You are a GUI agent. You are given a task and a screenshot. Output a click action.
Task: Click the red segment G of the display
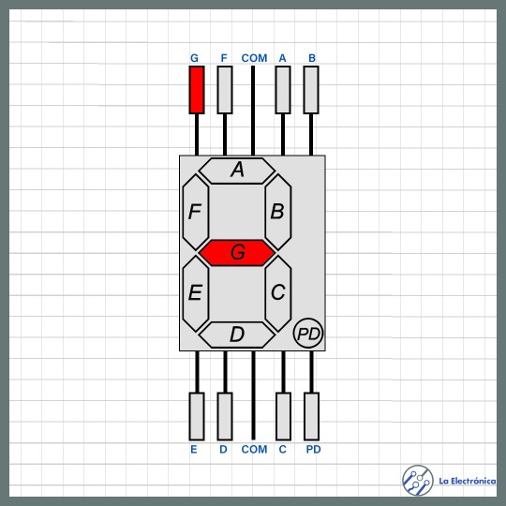coord(237,253)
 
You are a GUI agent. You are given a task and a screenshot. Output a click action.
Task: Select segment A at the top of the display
coord(237,171)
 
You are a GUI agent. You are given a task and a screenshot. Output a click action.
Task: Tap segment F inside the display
coord(196,212)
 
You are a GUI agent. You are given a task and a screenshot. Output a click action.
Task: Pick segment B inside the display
coord(278,212)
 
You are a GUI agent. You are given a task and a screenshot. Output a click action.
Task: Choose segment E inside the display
coord(196,293)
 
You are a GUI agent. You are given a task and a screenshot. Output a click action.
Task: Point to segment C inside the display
coord(278,293)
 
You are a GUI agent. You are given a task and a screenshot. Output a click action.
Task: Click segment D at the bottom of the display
coord(237,335)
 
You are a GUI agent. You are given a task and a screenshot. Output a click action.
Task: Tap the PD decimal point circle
coord(308,333)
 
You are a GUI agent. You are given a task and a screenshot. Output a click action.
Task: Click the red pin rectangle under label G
coord(197,90)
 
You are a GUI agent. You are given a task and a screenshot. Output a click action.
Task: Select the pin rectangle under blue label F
coord(225,90)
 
